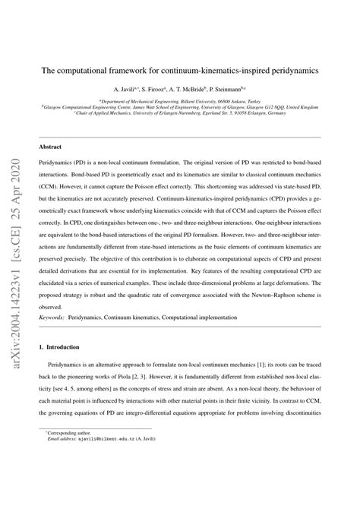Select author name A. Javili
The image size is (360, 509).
tap(125, 90)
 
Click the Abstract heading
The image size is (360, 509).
tap(51, 146)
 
